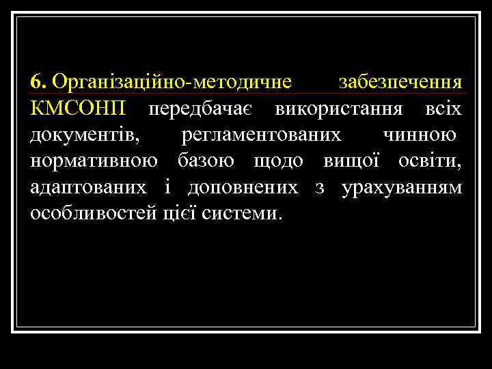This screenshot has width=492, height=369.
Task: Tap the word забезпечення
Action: (400, 82)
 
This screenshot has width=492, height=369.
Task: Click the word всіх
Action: (442, 109)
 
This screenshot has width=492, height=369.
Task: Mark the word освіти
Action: (429, 161)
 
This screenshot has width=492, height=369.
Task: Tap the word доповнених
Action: (243, 187)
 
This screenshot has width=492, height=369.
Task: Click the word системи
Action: (242, 213)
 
